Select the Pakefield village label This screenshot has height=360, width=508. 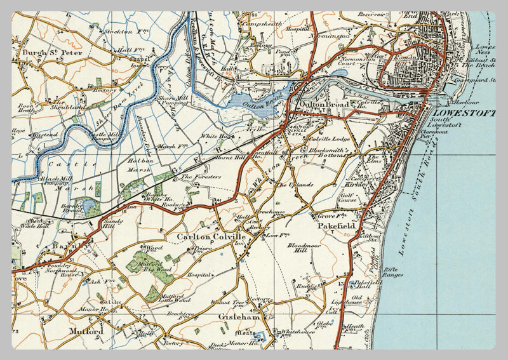point(336,225)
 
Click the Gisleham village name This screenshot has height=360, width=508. point(236,316)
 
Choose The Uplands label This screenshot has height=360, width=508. point(295,185)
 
